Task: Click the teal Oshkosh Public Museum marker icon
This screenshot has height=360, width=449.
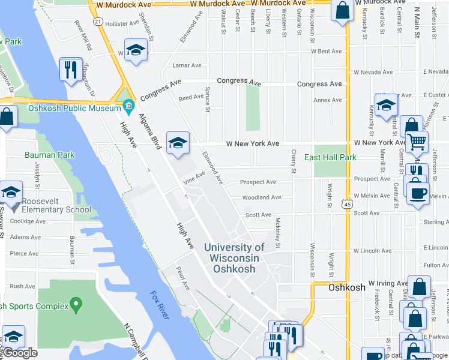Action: coord(128,107)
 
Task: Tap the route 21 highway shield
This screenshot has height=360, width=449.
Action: coord(97,21)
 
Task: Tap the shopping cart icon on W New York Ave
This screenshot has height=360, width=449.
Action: coord(416,142)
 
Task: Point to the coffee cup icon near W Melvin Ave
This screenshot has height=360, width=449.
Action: coord(418,193)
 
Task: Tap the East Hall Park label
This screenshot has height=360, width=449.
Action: coord(330,157)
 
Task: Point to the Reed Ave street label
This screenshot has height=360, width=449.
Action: coord(191,97)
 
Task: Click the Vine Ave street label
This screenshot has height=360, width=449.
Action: coord(194,178)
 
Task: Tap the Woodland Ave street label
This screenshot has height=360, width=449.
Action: coord(261,197)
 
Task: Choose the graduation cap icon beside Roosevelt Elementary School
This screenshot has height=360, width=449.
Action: coord(11,193)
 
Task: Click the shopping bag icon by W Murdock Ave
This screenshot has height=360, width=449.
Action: coord(342,10)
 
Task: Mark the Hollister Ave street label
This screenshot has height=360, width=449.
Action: coord(122,24)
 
